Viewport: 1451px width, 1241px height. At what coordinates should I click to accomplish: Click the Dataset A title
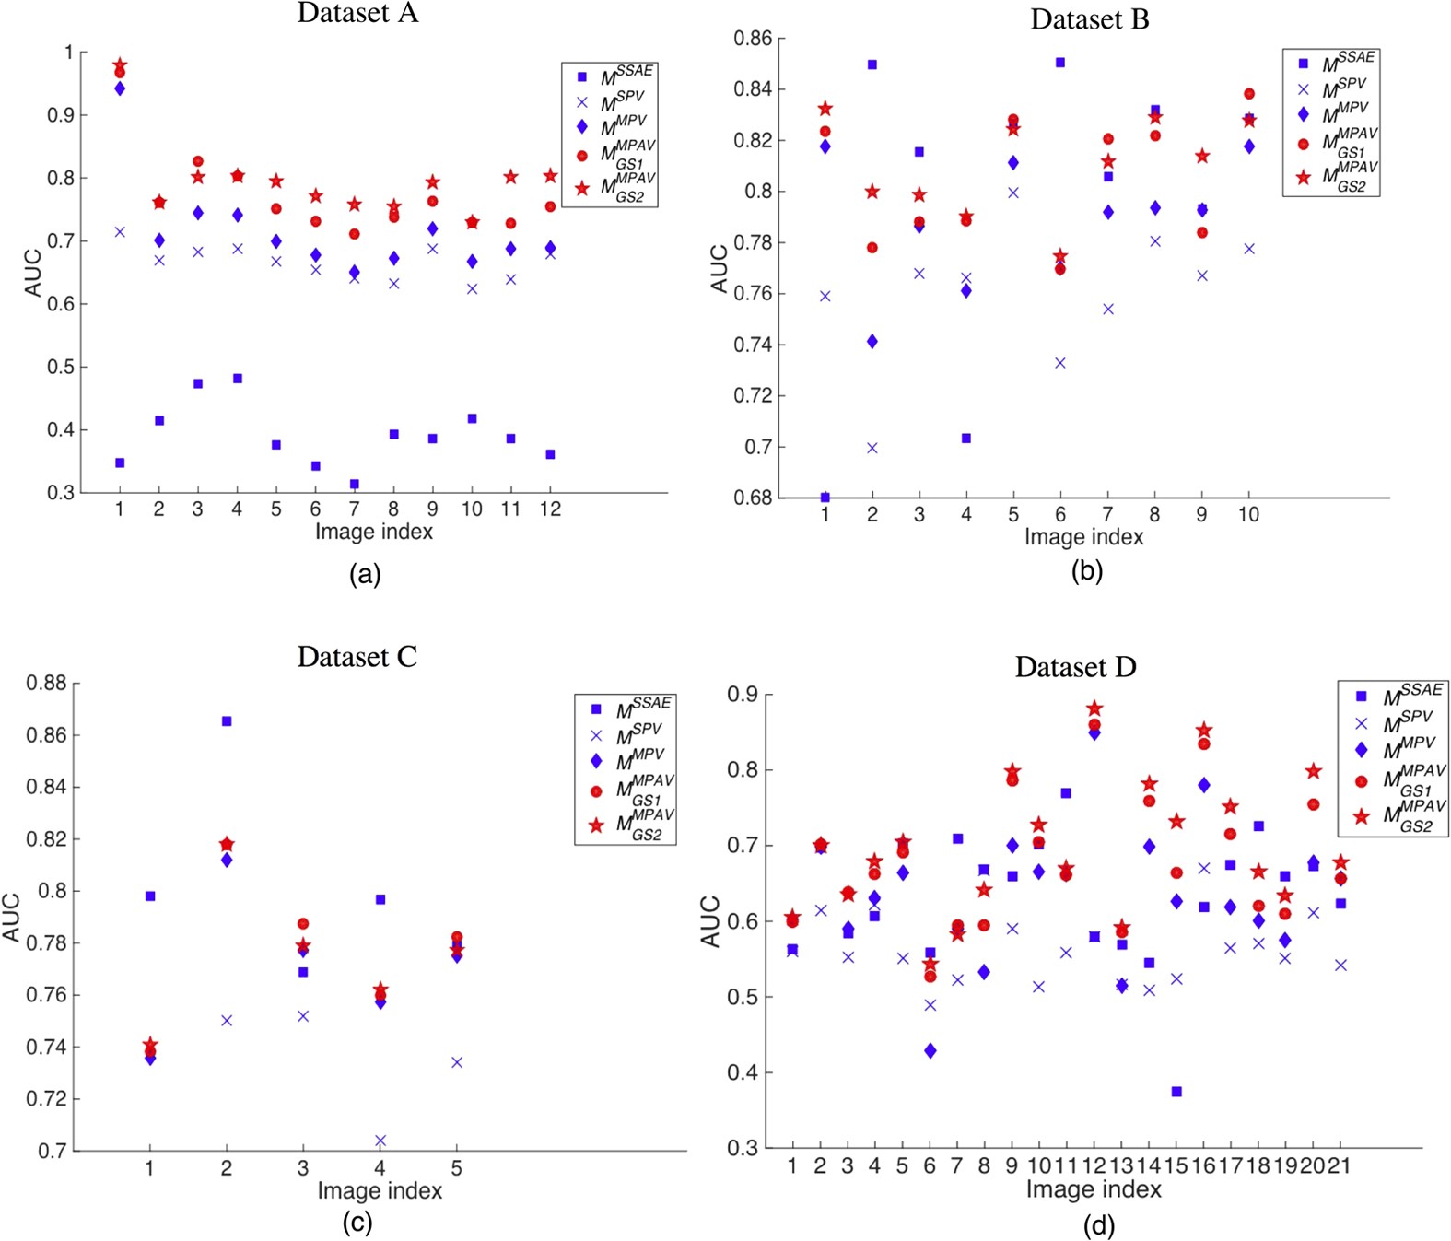[357, 13]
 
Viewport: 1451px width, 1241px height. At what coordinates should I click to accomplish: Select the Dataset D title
[1075, 666]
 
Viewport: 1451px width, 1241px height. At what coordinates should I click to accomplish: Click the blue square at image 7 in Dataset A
[354, 484]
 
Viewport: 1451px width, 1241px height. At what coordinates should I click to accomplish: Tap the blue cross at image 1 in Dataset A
[120, 232]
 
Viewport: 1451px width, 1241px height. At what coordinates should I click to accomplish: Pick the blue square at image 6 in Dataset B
[1060, 63]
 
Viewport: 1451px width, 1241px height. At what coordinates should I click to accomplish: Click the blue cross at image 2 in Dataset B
[872, 449]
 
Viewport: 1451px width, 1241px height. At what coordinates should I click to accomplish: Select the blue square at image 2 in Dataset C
[227, 721]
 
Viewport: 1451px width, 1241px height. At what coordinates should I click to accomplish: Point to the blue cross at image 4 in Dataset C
[380, 1141]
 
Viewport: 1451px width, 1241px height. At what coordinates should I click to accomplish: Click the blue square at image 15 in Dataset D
[1176, 1092]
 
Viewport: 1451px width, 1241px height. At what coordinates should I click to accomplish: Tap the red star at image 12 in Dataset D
[1094, 708]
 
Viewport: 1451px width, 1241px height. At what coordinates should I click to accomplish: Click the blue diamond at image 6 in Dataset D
[930, 1050]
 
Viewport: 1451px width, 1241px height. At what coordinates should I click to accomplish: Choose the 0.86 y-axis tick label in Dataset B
[753, 39]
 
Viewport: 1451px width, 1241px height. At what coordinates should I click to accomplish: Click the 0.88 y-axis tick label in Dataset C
[46, 683]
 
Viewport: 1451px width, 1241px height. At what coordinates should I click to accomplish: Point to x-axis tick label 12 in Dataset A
[550, 509]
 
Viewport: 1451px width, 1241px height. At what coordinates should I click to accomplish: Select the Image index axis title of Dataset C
[380, 1190]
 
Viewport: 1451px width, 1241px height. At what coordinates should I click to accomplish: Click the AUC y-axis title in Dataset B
[720, 268]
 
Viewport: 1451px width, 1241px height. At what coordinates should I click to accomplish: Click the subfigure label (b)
[1087, 570]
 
